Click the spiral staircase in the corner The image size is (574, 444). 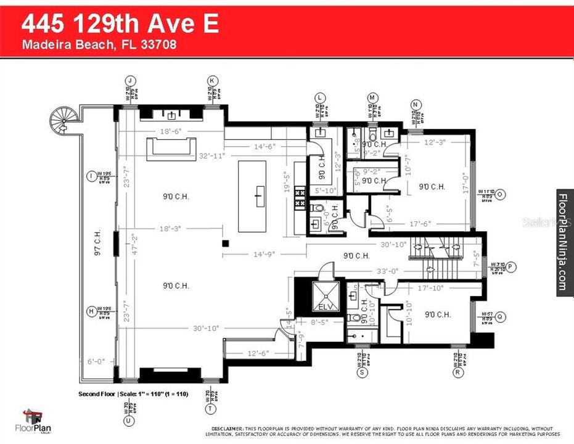coord(62,118)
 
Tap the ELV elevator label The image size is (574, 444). coord(324,306)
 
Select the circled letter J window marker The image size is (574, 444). coord(129,80)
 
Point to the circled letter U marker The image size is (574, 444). coord(129,421)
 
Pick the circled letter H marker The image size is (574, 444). coord(92,311)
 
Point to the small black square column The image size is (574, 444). coord(226,243)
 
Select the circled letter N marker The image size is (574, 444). coord(416,104)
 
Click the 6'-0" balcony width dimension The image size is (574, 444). coord(97,362)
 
